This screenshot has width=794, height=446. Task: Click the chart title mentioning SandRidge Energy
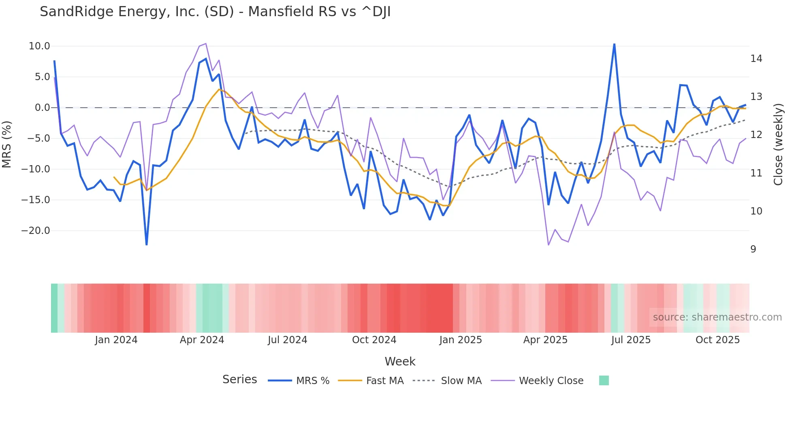coord(215,12)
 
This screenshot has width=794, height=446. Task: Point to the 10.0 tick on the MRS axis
coord(39,46)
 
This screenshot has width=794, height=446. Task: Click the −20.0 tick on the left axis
coord(36,231)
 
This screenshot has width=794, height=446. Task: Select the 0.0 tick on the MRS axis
coord(42,108)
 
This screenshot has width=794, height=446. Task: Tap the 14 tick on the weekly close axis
coord(756,59)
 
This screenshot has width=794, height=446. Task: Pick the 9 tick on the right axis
coord(753,249)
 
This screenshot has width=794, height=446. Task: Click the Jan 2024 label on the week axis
coord(116,340)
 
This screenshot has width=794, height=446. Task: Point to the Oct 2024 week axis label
coord(374,340)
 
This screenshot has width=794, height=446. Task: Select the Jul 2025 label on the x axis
coord(631,340)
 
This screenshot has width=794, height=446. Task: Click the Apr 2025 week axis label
coord(545,340)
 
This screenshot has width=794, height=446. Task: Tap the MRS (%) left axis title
coord(7,144)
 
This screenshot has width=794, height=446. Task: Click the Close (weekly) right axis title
coord(778,144)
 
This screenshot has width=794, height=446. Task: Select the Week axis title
coord(400,361)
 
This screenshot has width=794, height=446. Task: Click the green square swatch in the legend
coord(604,380)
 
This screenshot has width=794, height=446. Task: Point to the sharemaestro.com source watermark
coord(717,317)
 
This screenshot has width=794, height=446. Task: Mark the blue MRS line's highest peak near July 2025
coord(614,44)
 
